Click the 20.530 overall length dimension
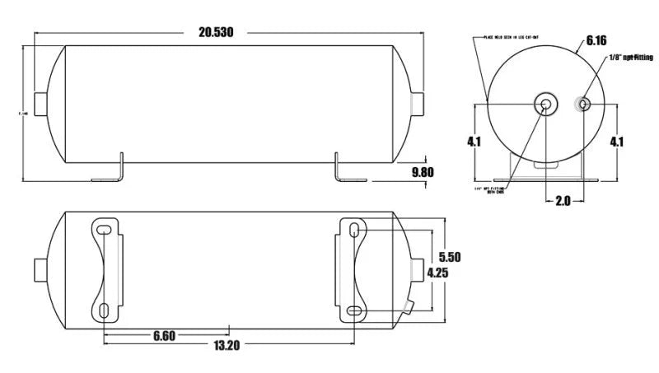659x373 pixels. (217, 33)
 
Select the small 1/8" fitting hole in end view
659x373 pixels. (582, 105)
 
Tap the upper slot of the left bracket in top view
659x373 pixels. (105, 228)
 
